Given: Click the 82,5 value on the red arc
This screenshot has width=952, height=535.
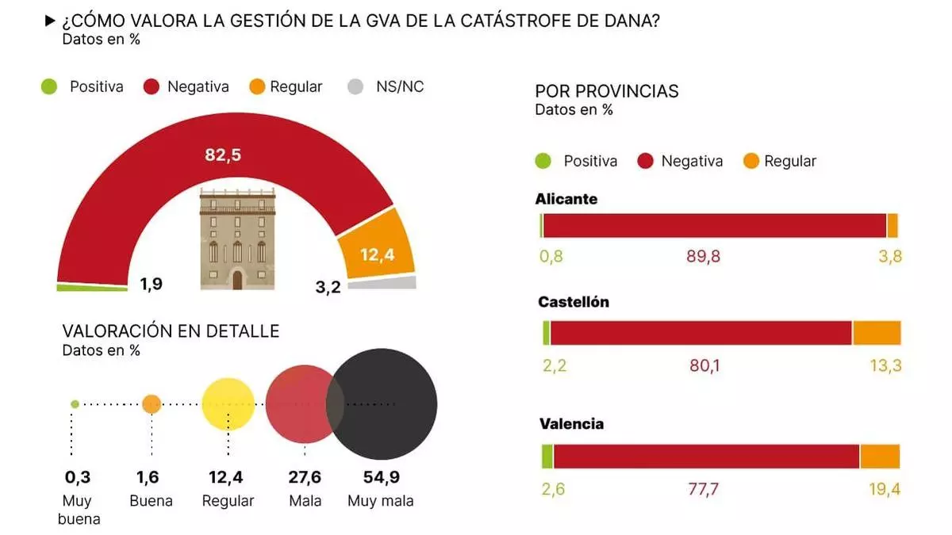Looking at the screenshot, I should coord(223,155).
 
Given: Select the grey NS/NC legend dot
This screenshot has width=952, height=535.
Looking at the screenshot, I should coord(355,87).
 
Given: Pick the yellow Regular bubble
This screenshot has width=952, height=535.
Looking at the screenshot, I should coord(228,404).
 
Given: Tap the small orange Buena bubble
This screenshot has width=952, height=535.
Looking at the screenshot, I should coord(152,404).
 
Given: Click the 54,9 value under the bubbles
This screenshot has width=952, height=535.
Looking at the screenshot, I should coord(380,477).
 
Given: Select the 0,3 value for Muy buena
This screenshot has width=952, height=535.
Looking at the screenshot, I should coord(77,477).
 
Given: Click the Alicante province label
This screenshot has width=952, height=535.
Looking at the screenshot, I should coord(566,199).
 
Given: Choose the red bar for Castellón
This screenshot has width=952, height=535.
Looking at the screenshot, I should coord(701,333).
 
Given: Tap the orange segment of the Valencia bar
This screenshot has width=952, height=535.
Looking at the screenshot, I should coord(880,457).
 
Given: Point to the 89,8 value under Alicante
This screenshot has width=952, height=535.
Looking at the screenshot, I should coord(703,256).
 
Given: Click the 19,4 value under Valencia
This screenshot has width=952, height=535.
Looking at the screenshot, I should coord(885,490).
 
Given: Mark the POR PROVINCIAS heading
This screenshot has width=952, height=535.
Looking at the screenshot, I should coord(607,91).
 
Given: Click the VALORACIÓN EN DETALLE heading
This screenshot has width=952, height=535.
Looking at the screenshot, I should coord(171,331).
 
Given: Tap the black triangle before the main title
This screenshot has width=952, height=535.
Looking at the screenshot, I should coord(50,21).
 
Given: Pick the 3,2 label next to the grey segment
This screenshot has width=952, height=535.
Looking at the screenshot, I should coord(328,287).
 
